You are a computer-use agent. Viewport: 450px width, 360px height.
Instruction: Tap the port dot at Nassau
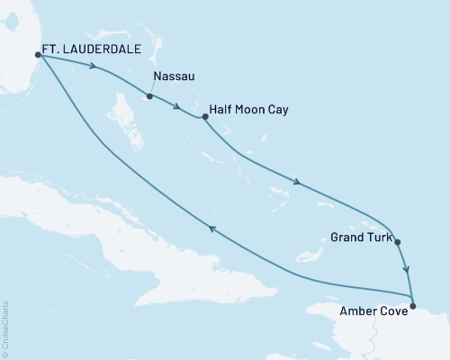click(x=149, y=96)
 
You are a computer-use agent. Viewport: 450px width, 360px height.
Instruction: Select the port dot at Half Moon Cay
click(x=205, y=116)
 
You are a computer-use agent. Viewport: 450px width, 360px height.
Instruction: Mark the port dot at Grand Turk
click(x=398, y=241)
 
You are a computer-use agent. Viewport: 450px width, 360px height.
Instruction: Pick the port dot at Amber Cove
click(x=412, y=307)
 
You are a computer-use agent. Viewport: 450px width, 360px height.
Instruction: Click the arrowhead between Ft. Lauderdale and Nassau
click(x=94, y=66)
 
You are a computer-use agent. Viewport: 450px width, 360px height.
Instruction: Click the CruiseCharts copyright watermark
click(x=6, y=328)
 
